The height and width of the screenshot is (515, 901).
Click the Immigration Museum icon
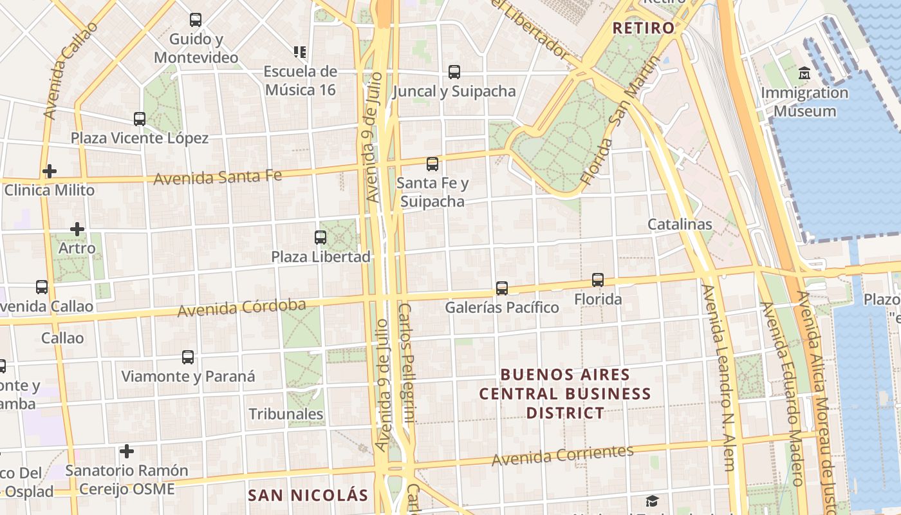click(804, 73)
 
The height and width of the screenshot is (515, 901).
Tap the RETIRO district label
click(643, 28)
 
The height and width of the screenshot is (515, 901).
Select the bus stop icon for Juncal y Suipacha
click(454, 72)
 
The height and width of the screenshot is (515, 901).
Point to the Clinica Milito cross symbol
click(50, 171)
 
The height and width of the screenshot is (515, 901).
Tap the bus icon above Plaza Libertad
click(320, 238)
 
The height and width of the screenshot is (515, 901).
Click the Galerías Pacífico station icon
click(502, 288)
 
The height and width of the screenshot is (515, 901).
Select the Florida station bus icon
click(598, 280)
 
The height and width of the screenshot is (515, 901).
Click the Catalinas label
click(680, 224)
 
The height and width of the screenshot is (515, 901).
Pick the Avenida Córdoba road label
click(241, 308)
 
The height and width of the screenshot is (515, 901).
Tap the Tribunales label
click(286, 414)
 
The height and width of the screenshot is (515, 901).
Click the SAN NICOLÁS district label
click(308, 495)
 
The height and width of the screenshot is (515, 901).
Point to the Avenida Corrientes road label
click(562, 455)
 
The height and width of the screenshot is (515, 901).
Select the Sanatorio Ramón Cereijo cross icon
click(127, 451)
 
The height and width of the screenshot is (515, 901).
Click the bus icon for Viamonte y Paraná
click(188, 357)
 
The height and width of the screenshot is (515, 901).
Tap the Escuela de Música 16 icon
click(300, 51)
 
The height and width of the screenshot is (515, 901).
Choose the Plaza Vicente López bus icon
click(140, 119)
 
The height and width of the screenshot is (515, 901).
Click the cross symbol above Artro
click(77, 229)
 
